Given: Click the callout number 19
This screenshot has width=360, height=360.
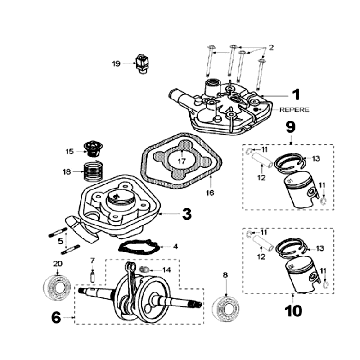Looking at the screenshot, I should (x=116, y=64).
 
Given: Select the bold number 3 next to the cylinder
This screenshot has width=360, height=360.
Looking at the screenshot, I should (x=187, y=213).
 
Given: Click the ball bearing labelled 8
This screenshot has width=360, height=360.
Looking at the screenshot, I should (x=227, y=301).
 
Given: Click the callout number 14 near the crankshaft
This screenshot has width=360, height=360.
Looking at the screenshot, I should (x=166, y=270).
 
